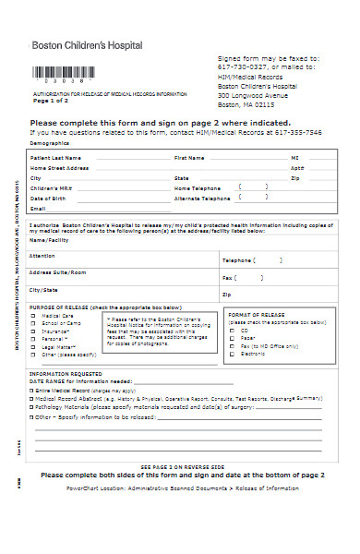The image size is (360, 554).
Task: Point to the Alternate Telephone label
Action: [x=202, y=198]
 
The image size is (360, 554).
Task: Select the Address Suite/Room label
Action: [x=57, y=272]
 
